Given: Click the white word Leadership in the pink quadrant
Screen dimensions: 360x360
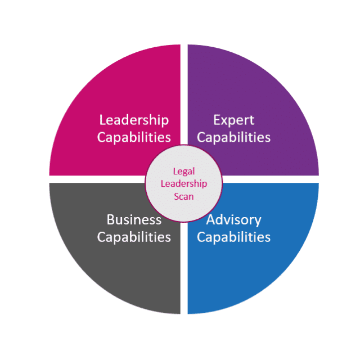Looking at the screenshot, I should click(134, 120).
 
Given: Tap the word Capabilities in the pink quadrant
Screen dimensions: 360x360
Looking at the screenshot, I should click(134, 137).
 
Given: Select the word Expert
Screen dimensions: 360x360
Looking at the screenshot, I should click(233, 120).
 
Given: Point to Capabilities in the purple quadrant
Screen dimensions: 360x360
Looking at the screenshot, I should click(233, 137).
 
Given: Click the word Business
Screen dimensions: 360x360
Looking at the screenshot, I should click(134, 219).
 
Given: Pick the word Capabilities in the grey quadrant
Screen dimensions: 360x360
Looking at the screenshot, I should click(134, 237).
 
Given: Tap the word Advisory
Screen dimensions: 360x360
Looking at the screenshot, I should click(233, 219).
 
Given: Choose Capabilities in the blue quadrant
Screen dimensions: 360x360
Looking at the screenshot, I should click(233, 237).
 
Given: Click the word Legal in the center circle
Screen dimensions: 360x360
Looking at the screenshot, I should click(184, 172).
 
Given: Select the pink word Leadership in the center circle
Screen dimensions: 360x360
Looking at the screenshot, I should click(184, 184).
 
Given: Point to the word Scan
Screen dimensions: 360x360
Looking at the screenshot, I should click(184, 196).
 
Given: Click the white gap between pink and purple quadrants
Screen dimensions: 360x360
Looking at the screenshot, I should click(184, 84).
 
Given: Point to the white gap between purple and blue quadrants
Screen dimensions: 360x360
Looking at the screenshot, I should click(270, 179).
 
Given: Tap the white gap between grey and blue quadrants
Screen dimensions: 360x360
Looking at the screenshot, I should click(184, 270).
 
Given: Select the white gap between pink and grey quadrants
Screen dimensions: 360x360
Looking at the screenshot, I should click(96, 179).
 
